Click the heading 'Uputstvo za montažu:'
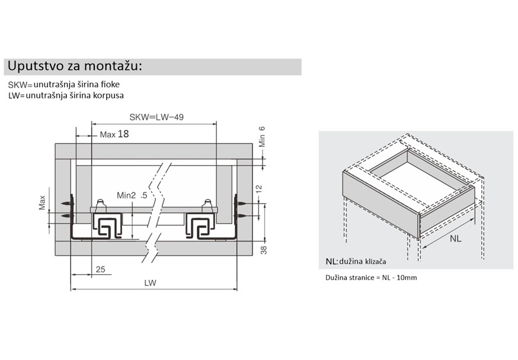pyautogui.click(x=75, y=66)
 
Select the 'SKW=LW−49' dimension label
pyautogui.click(x=156, y=117)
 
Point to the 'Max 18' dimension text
pyautogui.click(x=114, y=134)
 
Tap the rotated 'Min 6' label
pyautogui.click(x=262, y=137)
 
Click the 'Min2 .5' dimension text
pyautogui.click(x=132, y=195)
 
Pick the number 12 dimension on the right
pyautogui.click(x=259, y=189)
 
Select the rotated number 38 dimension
pyautogui.click(x=264, y=250)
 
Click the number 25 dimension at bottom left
pyautogui.click(x=100, y=269)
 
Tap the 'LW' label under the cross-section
pyautogui.click(x=150, y=283)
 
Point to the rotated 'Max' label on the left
pyautogui.click(x=42, y=202)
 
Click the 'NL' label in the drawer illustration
pyautogui.click(x=456, y=239)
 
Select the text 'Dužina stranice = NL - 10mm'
pyautogui.click(x=372, y=278)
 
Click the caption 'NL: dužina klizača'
pyautogui.click(x=356, y=262)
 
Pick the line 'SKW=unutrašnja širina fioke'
pyautogui.click(x=64, y=85)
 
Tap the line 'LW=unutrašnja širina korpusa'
pyautogui.click(x=66, y=95)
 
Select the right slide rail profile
pyautogui.click(x=200, y=226)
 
